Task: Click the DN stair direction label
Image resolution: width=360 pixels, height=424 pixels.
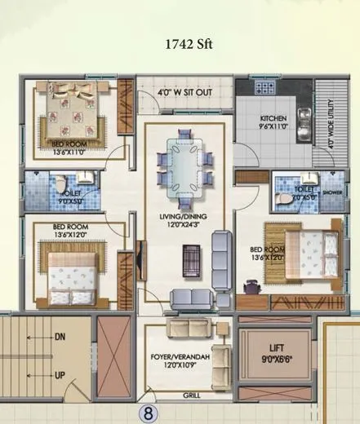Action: tap(60, 335)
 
